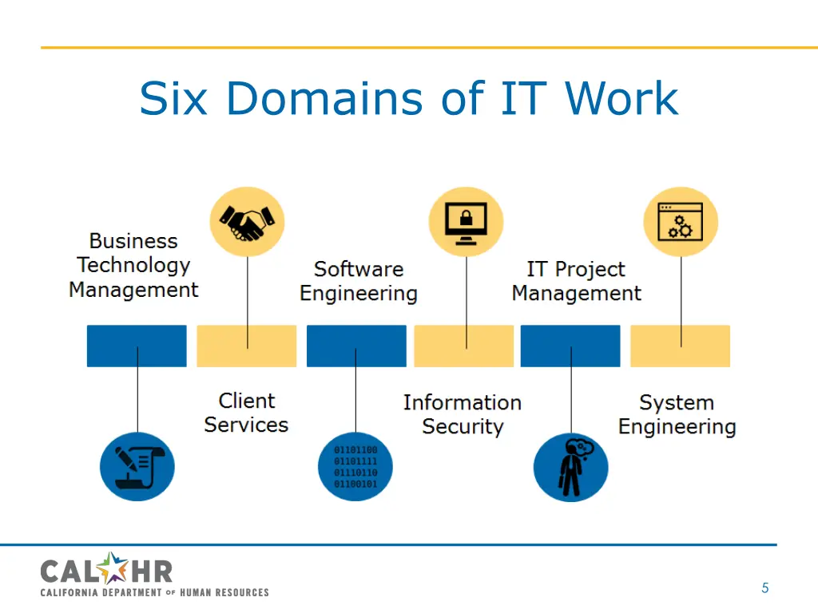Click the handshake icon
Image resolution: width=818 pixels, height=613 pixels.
point(247,222)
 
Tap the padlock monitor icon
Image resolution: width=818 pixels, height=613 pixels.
point(467,222)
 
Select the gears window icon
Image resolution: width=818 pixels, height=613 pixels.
point(681,222)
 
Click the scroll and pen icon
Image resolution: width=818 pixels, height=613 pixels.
point(137,467)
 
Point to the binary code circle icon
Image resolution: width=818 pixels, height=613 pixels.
point(355,467)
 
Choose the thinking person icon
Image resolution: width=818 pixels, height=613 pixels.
point(570,467)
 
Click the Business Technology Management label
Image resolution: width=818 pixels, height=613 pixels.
point(133,266)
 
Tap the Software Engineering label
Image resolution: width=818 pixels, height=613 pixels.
point(359,281)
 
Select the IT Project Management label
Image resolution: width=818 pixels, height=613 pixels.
point(576,281)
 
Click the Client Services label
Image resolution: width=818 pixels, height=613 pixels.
point(246,413)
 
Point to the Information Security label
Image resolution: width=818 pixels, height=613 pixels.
point(463,414)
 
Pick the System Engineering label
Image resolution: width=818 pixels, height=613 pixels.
point(677,414)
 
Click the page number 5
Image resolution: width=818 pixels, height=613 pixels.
point(764,588)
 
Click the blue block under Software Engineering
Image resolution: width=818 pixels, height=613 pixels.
point(356,346)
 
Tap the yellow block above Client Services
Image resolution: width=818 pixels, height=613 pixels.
point(246,346)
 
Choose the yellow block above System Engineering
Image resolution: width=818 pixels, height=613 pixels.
point(680,346)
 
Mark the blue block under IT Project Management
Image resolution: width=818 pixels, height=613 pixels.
point(570,346)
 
